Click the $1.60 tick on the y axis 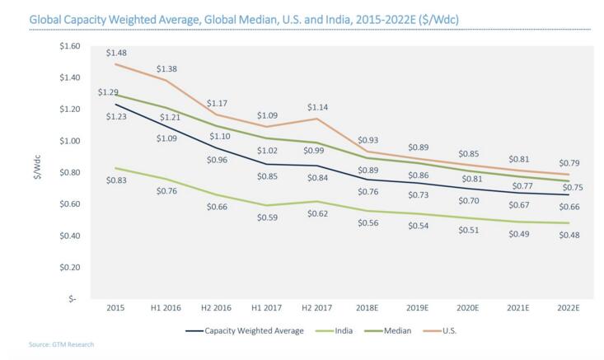click(x=71, y=46)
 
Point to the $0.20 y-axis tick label click(x=71, y=268)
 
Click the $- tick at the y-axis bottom click(x=73, y=299)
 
